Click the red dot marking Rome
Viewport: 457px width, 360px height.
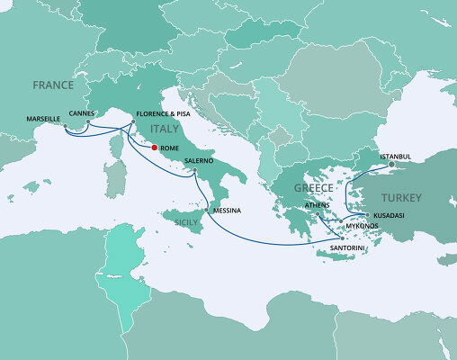[154, 148]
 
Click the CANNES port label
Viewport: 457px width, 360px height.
[82, 113]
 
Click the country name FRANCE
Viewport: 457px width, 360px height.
[53, 85]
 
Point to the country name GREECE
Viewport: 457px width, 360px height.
[313, 188]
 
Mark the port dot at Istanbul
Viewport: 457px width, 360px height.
[390, 165]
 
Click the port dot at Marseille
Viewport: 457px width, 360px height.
[65, 125]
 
